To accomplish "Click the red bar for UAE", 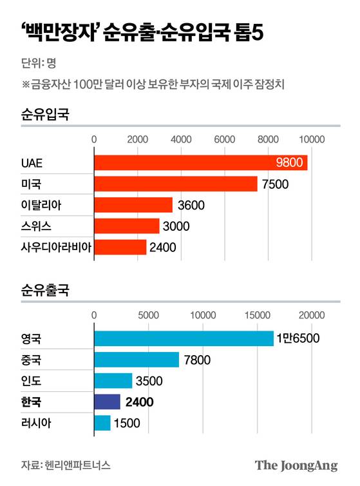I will pyautogui.click(x=200, y=162).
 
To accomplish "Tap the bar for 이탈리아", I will pyautogui.click(x=133, y=206).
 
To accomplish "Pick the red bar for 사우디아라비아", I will pyautogui.click(x=120, y=247).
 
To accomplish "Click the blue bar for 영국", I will pyautogui.click(x=184, y=338).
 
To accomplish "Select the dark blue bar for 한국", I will pyautogui.click(x=107, y=402).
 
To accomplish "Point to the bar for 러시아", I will pyautogui.click(x=102, y=423).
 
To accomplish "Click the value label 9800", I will pyautogui.click(x=289, y=162).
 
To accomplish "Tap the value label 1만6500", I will pyautogui.click(x=298, y=338).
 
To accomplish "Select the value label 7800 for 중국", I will pyautogui.click(x=198, y=360).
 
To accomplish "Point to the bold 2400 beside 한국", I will pyautogui.click(x=140, y=402).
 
